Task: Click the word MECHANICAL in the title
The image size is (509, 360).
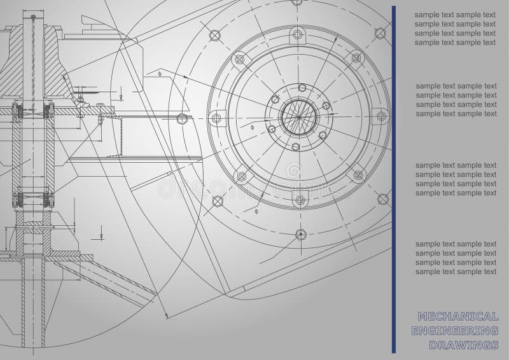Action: tap(458, 316)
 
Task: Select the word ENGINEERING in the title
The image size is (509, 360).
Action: tap(455, 331)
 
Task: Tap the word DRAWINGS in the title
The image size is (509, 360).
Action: tap(464, 345)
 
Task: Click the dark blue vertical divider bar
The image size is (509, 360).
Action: tap(394, 179)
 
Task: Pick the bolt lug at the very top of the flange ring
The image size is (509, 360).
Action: tap(297, 34)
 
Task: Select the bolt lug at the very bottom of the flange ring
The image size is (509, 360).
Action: tap(300, 199)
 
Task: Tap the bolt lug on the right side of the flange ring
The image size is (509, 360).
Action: tap(381, 116)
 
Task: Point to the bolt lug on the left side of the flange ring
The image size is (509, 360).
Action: tap(216, 118)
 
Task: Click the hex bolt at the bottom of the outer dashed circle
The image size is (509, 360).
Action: tap(301, 234)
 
